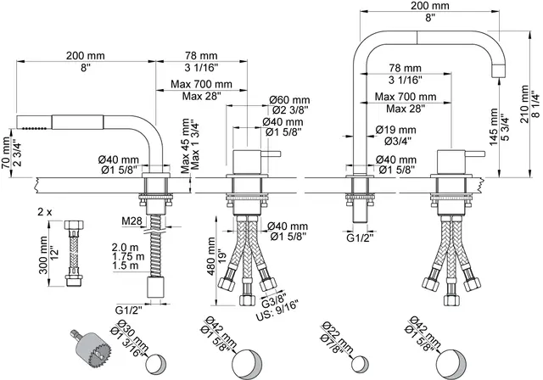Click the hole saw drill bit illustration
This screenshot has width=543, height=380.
pos(92,348)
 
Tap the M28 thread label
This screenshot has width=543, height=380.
pos(132,220)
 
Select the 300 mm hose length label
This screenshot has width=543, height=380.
pos(43,255)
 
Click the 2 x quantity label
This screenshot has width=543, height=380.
pos(45,212)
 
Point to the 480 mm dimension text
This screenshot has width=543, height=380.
pos(211,256)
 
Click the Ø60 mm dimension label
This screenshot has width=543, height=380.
pos(289,100)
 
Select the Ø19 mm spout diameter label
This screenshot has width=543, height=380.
pos(396,130)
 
